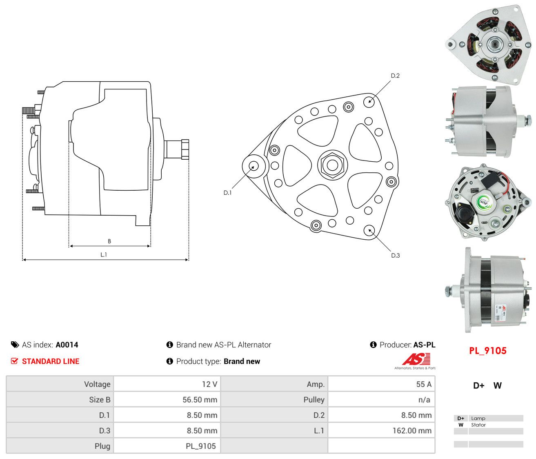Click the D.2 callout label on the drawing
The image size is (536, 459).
395,76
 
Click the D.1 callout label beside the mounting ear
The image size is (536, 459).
227,192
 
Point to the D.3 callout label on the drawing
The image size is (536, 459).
395,255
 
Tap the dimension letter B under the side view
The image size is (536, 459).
109,241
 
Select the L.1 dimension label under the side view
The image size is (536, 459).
103,254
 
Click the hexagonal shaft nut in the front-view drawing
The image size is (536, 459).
332,165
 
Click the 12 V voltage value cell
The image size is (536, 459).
209,384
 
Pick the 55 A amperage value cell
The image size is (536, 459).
424,384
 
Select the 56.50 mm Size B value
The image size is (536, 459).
200,399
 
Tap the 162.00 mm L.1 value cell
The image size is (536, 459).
412,430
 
